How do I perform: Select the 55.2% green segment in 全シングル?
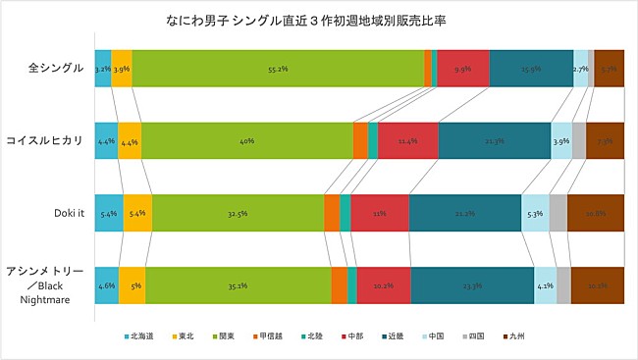tap(278, 70)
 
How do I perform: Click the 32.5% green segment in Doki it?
tap(238, 213)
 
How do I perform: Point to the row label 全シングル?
tap(57, 70)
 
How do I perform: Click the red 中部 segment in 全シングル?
tap(463, 70)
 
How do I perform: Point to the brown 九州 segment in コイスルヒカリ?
tap(605, 141)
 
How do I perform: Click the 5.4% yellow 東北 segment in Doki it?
tap(138, 213)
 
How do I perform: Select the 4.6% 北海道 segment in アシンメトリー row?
tap(107, 285)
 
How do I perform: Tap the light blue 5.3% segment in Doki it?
tap(535, 213)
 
